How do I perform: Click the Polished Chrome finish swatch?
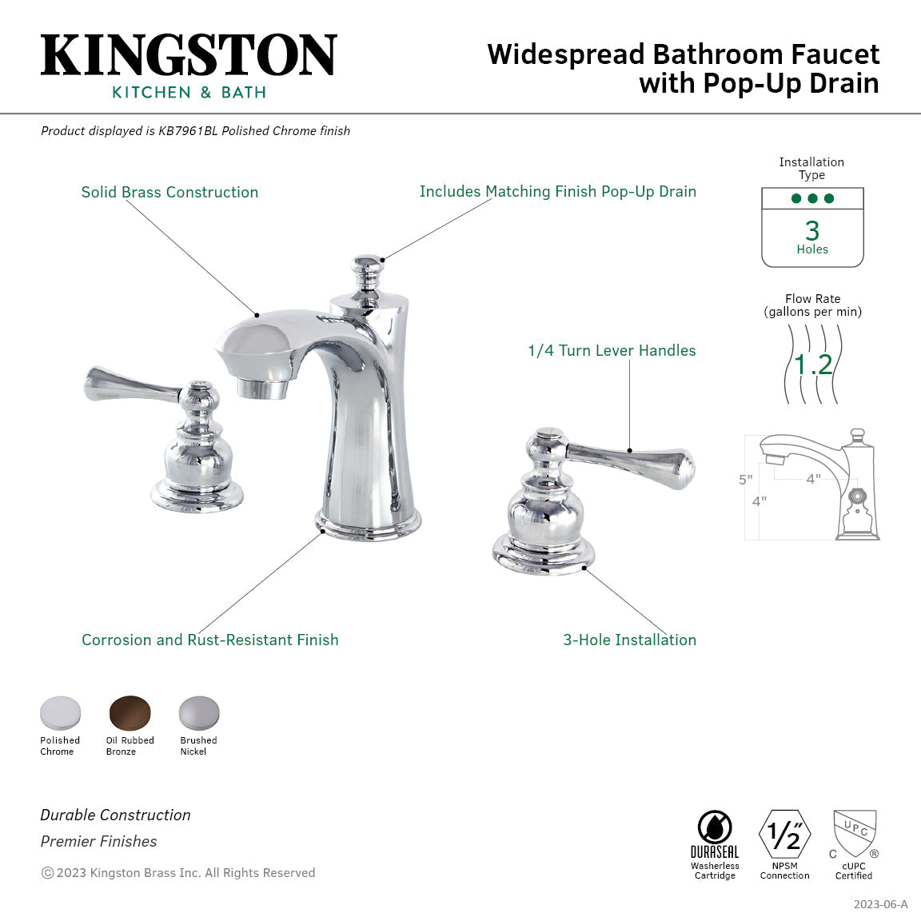(61, 713)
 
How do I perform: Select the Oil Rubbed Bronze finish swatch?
(130, 713)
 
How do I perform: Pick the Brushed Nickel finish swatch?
(198, 713)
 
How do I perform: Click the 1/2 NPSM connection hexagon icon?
(784, 835)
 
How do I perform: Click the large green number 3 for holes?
(812, 230)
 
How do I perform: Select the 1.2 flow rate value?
(813, 365)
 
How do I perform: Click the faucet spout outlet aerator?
(264, 389)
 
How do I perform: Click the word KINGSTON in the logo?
(189, 56)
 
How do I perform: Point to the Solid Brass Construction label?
(169, 192)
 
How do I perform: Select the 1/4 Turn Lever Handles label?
(612, 350)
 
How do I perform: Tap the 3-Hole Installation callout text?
(629, 640)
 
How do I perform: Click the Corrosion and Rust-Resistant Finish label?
(209, 640)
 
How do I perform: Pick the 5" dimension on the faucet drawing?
(745, 480)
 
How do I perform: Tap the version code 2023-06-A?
(880, 904)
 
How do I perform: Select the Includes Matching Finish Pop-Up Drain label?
(557, 191)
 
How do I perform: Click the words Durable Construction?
(115, 815)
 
